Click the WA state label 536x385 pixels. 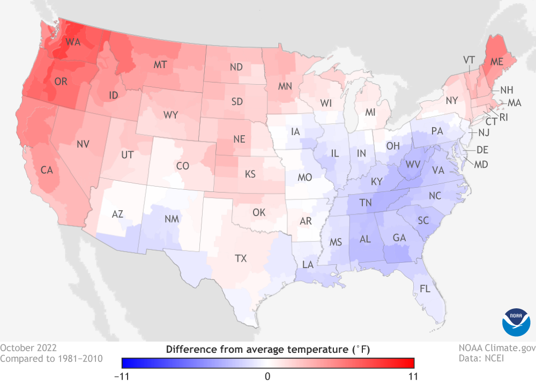click(x=73, y=42)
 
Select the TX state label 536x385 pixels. click(x=241, y=258)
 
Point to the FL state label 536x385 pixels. click(x=425, y=288)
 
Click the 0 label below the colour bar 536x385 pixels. click(x=267, y=375)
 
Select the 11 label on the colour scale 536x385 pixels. click(x=413, y=375)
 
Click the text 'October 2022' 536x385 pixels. click(x=28, y=347)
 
